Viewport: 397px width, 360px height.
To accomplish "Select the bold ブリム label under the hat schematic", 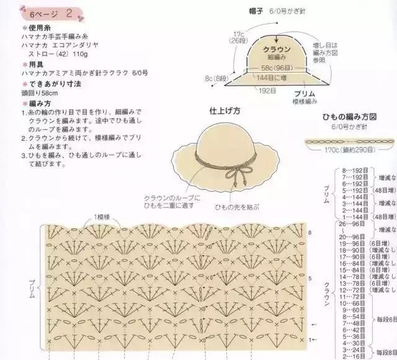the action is pyautogui.click(x=305, y=91).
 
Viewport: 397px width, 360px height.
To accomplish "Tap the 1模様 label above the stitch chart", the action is pyautogui.click(x=102, y=217).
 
